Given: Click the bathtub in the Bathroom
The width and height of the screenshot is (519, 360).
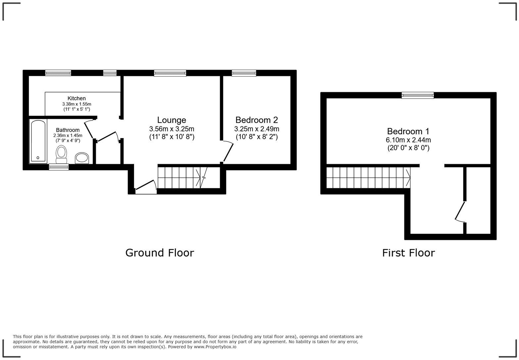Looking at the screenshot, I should (38, 141).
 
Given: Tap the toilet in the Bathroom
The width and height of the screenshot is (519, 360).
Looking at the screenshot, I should (61, 154).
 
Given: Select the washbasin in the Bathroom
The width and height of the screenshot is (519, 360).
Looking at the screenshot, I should (82, 158).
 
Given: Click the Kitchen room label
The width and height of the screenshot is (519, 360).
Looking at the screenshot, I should (76, 98).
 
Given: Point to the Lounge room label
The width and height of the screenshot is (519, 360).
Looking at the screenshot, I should (171, 120).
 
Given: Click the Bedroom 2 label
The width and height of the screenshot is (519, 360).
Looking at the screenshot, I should (257, 120).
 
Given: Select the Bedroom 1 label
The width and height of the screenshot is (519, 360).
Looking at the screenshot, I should (408, 131).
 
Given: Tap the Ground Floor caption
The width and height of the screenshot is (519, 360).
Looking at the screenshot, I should (160, 253).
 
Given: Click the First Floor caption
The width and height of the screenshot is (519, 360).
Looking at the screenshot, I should (408, 253).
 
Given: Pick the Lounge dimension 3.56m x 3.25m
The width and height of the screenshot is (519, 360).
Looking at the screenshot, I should (171, 129).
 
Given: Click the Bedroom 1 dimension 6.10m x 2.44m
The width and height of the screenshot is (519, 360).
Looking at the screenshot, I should (408, 140).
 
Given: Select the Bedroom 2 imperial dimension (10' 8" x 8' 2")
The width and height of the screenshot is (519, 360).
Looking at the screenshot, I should (257, 137).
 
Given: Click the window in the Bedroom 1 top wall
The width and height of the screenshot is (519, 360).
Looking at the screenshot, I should (417, 95).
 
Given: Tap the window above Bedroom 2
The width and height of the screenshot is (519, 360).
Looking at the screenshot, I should (244, 73).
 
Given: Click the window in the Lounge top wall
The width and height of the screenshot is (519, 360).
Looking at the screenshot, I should (170, 73).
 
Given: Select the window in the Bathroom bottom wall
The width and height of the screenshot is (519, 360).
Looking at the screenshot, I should (59, 167).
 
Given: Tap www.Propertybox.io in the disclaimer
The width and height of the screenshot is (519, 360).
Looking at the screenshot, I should (215, 347).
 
